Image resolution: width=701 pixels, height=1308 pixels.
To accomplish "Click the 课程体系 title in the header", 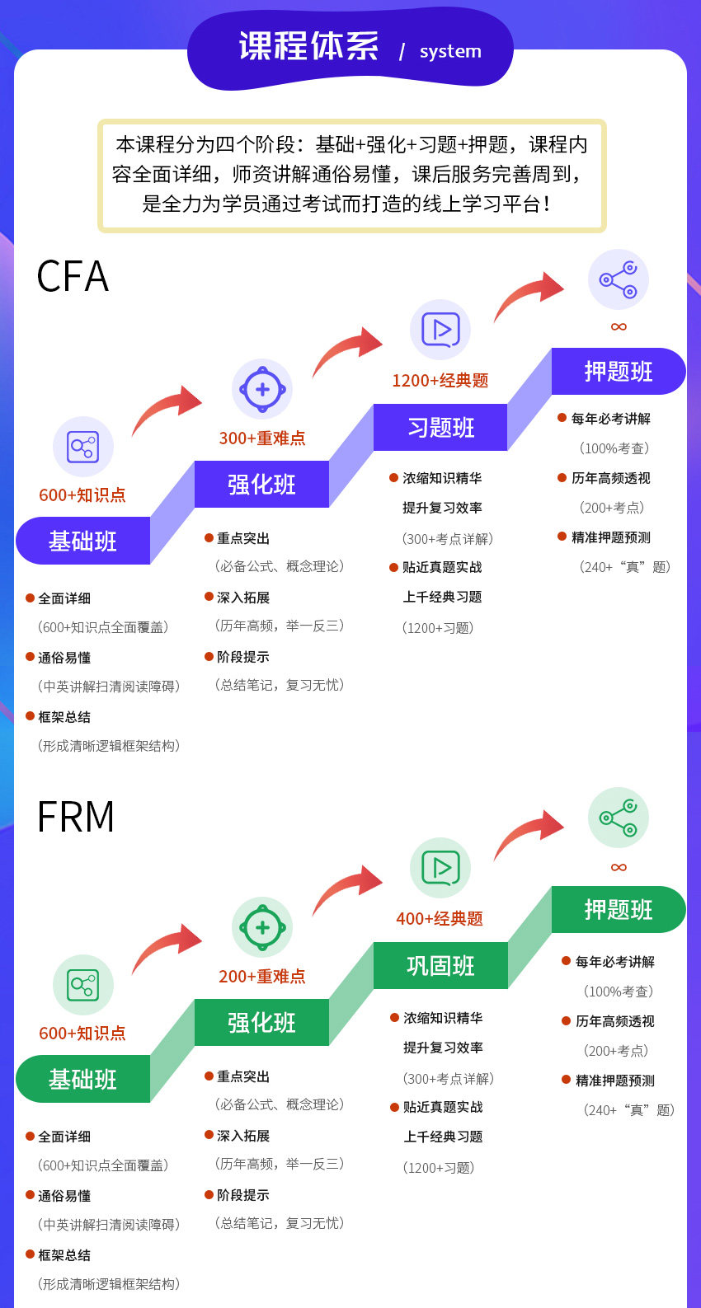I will (308, 47).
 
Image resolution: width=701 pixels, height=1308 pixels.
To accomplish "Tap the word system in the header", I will (450, 51).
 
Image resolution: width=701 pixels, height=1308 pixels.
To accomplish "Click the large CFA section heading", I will (73, 277).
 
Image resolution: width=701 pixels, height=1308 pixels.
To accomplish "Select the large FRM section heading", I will (76, 817).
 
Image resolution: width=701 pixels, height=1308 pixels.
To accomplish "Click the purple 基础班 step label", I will (82, 541).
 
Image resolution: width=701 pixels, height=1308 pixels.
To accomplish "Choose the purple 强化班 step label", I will (261, 485).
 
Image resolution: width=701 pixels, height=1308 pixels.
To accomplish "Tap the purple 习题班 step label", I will (440, 428).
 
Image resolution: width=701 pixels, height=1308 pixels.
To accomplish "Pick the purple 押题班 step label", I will (619, 372).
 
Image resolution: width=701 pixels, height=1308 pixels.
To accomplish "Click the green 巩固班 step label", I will (440, 966).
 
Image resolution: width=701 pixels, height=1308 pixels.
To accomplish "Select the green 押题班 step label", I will (619, 910).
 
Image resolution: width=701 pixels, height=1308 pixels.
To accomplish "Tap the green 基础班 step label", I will (82, 1080).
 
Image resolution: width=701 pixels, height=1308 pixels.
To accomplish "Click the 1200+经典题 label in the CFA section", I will (440, 381).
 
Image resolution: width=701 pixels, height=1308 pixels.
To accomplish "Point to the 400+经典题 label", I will (440, 919).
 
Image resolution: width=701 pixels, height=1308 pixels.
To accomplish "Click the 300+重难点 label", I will (262, 438).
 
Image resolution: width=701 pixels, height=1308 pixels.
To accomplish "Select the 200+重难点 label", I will (262, 977).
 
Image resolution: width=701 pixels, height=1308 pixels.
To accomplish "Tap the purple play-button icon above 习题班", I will (440, 330).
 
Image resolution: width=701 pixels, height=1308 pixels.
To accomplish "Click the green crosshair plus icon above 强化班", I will (262, 927).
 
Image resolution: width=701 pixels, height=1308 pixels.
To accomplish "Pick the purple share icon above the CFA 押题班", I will (619, 279).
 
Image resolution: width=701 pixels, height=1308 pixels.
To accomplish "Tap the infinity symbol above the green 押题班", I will (619, 867).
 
